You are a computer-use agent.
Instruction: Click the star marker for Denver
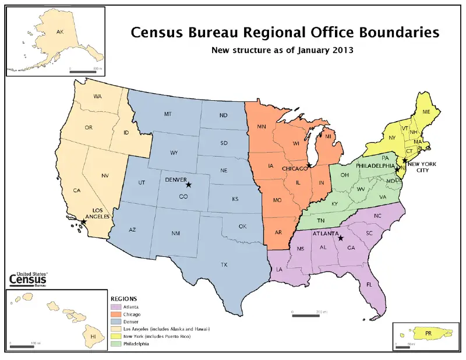point(188,185)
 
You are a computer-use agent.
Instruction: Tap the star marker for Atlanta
point(341,238)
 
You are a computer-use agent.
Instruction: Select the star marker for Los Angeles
point(83,221)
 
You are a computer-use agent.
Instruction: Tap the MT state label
point(168,114)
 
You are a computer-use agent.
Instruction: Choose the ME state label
point(426,111)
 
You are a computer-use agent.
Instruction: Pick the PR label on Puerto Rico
point(428,333)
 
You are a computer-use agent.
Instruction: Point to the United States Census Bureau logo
point(28,280)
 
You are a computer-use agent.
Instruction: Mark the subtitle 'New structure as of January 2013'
point(282,50)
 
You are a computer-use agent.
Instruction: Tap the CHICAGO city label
point(295,168)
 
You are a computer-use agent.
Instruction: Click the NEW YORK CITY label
point(422,167)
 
